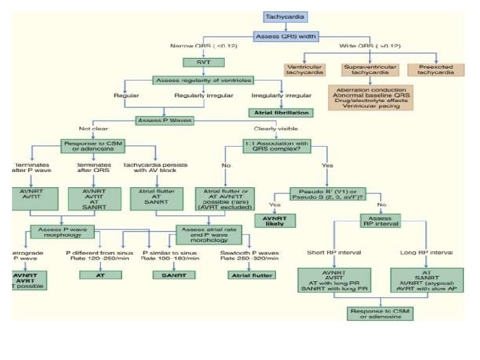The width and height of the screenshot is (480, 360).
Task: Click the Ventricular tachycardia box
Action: [305, 69]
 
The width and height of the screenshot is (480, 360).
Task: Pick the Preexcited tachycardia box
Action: [435, 69]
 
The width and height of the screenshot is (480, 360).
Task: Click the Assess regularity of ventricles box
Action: [203, 80]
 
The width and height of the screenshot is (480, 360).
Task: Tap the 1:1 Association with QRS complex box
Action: [275, 145]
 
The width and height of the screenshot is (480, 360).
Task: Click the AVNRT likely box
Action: [275, 221]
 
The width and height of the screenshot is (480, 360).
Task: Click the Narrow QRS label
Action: [203, 45]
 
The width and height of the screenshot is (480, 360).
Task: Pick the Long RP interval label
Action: [427, 253]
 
